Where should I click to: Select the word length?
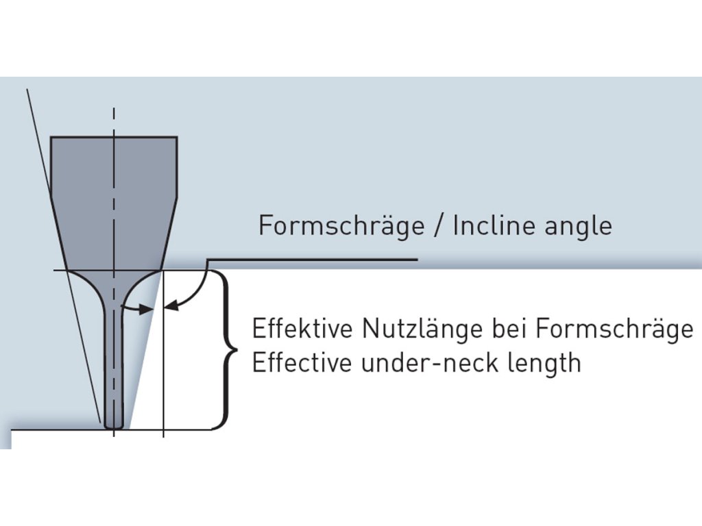point(546,363)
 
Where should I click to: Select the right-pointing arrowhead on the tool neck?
point(145,310)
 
